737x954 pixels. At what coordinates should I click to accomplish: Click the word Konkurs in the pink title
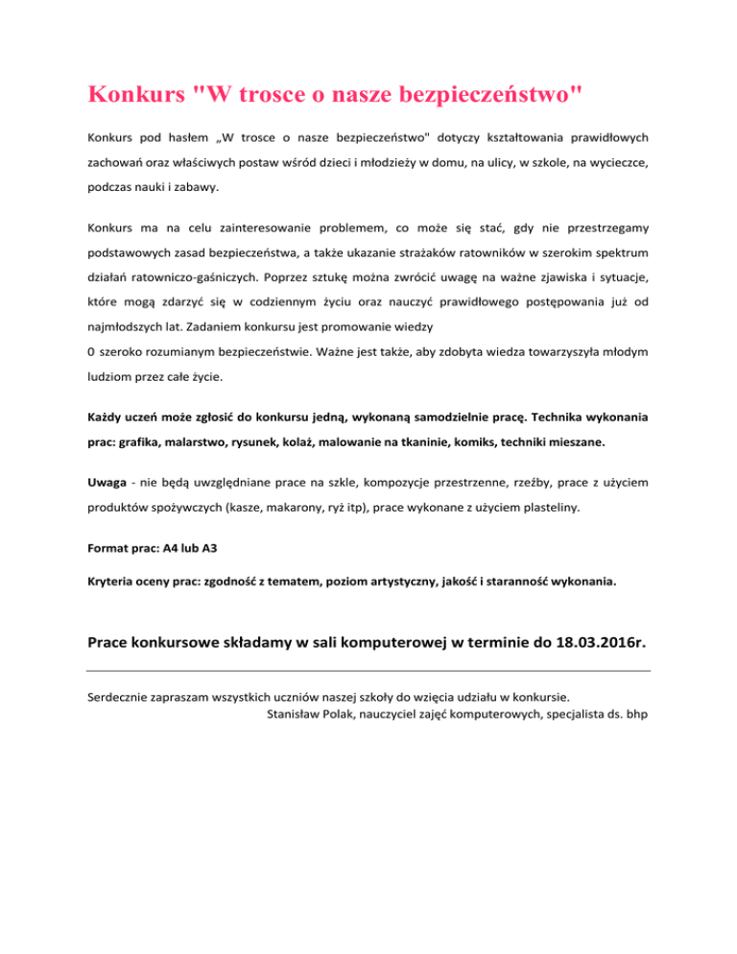133,96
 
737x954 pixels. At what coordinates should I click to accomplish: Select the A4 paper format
172,551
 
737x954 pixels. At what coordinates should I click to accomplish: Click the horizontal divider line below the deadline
368,672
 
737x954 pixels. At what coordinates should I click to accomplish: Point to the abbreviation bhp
634,713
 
